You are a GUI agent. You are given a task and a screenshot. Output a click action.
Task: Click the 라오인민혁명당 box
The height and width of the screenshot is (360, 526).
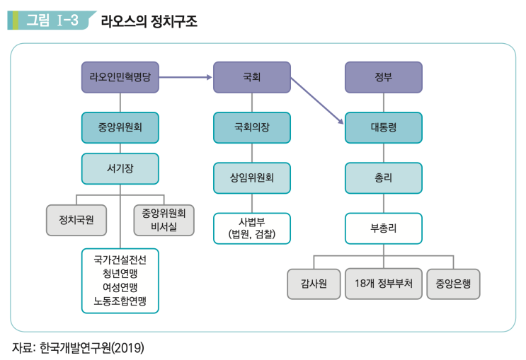120,77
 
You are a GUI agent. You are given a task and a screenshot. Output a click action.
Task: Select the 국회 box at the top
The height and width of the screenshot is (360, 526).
252,77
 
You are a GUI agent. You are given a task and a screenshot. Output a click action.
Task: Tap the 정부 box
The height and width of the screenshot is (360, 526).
384,77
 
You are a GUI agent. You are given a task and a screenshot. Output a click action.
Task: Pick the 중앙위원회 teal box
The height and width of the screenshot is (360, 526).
120,128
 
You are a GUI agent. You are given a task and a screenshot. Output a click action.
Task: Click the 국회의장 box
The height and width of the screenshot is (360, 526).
252,128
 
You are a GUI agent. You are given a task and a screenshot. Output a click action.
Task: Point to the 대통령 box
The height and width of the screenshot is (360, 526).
384,128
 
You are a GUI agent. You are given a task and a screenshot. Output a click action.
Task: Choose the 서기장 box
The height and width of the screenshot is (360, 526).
120,168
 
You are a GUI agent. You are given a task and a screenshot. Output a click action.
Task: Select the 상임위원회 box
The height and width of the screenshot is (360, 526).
252,178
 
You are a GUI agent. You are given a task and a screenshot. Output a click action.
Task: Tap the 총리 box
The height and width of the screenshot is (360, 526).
384,178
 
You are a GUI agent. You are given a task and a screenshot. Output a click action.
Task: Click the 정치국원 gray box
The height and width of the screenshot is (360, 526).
76,220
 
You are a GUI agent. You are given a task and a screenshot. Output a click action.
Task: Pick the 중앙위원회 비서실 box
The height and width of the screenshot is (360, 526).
164,220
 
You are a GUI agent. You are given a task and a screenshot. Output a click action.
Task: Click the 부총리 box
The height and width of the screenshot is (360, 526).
384,228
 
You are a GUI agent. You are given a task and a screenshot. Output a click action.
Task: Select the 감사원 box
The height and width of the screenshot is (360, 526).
313,284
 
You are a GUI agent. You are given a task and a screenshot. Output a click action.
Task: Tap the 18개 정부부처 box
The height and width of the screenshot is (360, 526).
384,284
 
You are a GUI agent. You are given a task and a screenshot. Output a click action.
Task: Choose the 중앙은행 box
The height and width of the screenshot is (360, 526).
453,284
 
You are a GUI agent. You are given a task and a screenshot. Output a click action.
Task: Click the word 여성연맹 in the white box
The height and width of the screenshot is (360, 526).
120,286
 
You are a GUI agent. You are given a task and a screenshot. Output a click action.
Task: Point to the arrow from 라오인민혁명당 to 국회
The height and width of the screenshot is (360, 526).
186,77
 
